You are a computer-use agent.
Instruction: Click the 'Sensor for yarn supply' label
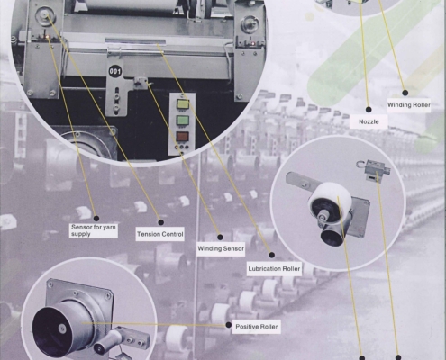tap(93, 230)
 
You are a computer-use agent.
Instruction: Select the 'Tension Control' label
tap(160, 234)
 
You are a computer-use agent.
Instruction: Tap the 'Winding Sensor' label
tap(221, 248)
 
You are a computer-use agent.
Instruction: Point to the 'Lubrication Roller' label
tap(274, 268)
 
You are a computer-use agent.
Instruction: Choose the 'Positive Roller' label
tap(257, 327)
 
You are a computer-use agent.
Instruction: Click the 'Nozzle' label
tap(369, 121)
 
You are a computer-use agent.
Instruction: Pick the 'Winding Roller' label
tap(409, 105)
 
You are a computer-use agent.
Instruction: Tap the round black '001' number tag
tap(115, 71)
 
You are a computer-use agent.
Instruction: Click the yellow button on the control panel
tap(183, 104)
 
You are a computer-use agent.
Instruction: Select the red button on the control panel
tap(183, 137)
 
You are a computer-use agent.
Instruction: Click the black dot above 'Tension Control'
tap(161, 222)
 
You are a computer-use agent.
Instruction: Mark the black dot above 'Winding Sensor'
tap(220, 238)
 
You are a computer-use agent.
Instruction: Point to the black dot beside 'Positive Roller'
tap(228, 325)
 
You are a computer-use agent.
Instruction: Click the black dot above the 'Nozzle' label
tap(369, 110)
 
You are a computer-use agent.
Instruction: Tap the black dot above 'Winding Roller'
tap(405, 93)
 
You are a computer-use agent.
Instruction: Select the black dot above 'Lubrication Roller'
tap(272, 255)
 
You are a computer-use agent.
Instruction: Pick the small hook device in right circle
tap(374, 170)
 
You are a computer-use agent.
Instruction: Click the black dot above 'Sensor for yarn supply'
tap(96, 219)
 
